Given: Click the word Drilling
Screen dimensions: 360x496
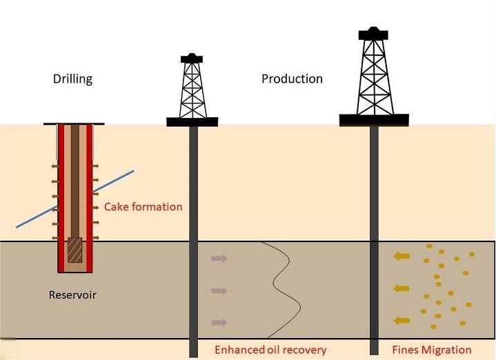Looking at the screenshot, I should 72,79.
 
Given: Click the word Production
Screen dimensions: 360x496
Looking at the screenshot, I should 292,79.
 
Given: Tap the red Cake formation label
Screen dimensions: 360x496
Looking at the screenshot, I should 143,207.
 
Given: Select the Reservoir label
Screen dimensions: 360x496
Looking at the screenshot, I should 72,295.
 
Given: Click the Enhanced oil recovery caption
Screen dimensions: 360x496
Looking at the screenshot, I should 270,350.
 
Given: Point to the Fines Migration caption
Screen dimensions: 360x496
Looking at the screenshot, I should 432,350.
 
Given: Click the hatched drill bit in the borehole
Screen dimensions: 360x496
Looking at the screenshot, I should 75,251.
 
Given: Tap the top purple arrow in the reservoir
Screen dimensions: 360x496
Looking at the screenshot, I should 219,259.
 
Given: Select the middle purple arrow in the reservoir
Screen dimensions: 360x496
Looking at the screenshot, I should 219,290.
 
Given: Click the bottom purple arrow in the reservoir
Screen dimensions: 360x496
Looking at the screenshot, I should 219,322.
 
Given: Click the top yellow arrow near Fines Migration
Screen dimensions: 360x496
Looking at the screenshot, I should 400,257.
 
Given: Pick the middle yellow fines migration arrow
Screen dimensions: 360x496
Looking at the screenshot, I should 400,288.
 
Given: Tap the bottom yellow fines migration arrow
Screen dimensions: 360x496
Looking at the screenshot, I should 400,320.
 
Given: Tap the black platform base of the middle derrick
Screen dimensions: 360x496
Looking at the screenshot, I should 192,122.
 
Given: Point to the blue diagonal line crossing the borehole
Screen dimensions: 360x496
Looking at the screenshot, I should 110,183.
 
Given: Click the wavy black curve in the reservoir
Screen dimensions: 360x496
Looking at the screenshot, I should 283,290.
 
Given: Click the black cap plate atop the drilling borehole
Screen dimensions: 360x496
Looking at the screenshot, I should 74,123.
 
